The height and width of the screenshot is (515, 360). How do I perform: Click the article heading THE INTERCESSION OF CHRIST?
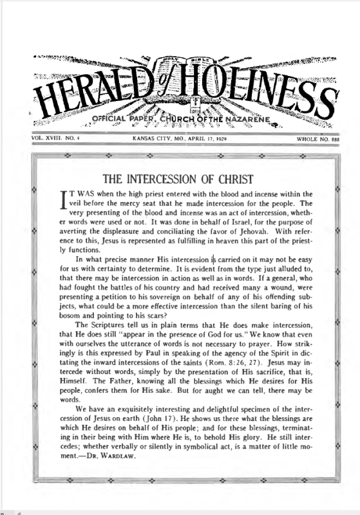180,178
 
